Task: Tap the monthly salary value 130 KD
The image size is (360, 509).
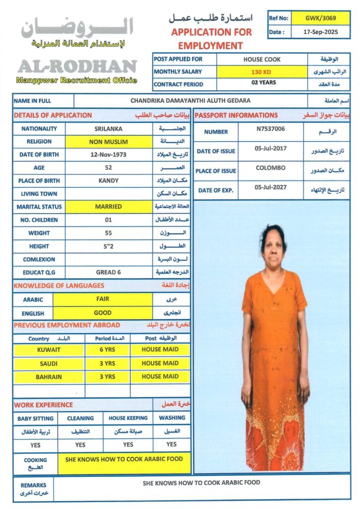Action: click(x=262, y=72)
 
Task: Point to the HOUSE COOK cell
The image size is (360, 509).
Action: click(x=262, y=59)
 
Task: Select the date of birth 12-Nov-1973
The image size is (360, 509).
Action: click(x=108, y=155)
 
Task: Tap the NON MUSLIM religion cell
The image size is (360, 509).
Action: click(x=108, y=142)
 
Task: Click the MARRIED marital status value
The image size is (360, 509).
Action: click(x=108, y=206)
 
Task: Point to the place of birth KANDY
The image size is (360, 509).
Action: click(x=108, y=180)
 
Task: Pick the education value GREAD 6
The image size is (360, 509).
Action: click(x=108, y=272)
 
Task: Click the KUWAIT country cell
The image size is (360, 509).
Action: click(x=49, y=350)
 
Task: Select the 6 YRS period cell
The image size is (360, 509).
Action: click(x=107, y=350)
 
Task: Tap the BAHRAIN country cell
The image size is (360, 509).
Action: click(x=49, y=377)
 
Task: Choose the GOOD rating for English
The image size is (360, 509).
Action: click(x=102, y=313)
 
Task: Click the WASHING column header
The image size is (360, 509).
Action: click(x=172, y=418)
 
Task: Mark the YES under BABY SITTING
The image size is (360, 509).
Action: click(x=35, y=445)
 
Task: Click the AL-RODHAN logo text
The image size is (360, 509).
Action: click(x=77, y=67)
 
